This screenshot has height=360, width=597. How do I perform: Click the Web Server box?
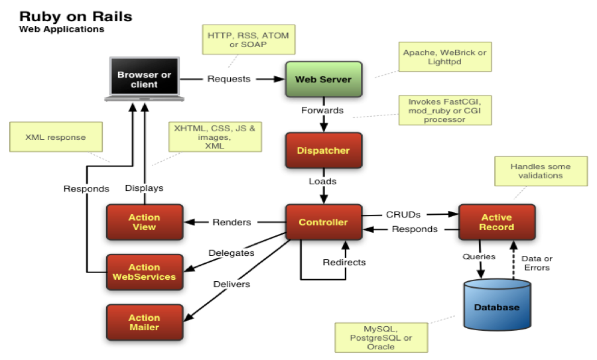click(323, 79)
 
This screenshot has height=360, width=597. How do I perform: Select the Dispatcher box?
click(323, 150)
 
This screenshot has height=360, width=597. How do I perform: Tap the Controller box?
click(323, 222)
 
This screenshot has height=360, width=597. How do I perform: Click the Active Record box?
click(497, 222)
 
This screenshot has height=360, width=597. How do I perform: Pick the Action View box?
click(144, 222)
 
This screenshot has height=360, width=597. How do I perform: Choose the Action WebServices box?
click(144, 272)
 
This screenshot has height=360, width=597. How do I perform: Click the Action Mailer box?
click(144, 322)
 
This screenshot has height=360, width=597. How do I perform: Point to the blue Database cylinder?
click(497, 306)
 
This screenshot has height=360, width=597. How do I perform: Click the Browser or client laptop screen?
click(144, 79)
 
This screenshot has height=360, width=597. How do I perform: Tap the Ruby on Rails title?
click(76, 16)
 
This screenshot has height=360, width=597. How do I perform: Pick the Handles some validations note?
click(540, 171)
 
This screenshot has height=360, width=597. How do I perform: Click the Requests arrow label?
click(229, 79)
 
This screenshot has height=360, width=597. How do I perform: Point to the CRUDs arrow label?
click(403, 214)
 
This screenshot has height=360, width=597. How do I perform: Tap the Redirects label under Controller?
click(344, 263)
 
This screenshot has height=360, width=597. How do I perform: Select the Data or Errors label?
click(538, 263)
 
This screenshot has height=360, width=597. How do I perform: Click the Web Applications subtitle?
click(61, 30)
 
